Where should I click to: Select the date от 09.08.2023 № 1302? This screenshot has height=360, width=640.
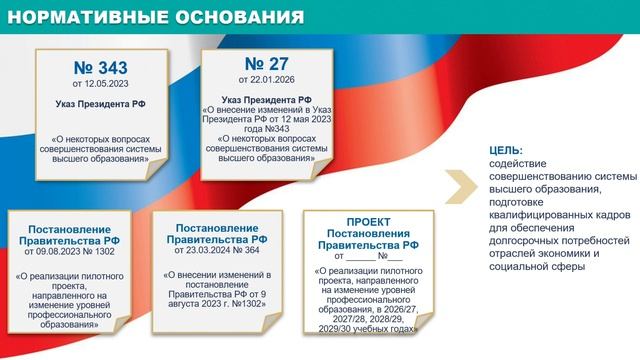click(67, 252)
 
